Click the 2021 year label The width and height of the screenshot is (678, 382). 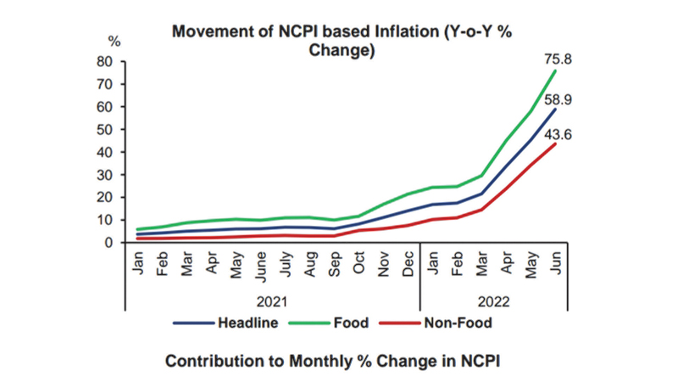tap(272, 301)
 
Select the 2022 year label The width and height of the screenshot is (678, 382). tap(492, 301)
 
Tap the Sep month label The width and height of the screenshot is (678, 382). tap(335, 264)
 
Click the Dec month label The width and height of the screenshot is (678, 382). tap(408, 264)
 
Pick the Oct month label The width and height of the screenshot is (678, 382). tap(359, 264)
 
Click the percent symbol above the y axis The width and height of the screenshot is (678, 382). tap(115, 41)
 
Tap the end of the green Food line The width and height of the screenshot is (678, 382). tap(555, 71)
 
